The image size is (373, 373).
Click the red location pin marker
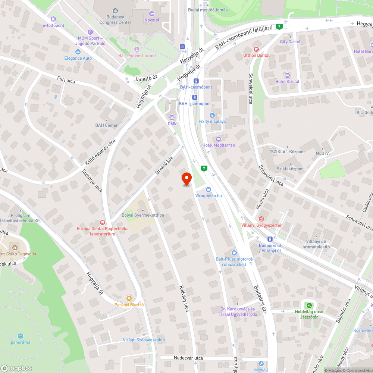186,178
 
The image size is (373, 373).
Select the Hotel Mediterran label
219,145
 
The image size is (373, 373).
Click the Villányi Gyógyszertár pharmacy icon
261,219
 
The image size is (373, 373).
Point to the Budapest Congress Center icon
115,11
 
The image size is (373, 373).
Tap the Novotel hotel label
151,20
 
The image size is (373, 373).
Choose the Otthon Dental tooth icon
256,49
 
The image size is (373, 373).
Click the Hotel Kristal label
287,82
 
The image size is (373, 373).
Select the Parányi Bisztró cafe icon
129,298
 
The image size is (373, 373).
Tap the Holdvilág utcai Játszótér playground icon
309,305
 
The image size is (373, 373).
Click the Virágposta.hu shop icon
208,189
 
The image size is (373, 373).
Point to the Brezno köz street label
164,166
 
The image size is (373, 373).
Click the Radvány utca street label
184,298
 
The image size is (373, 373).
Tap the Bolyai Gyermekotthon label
143,215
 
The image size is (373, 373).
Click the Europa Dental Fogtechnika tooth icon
103,222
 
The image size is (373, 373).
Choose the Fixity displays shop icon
212,115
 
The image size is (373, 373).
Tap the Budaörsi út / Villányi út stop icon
270,239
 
